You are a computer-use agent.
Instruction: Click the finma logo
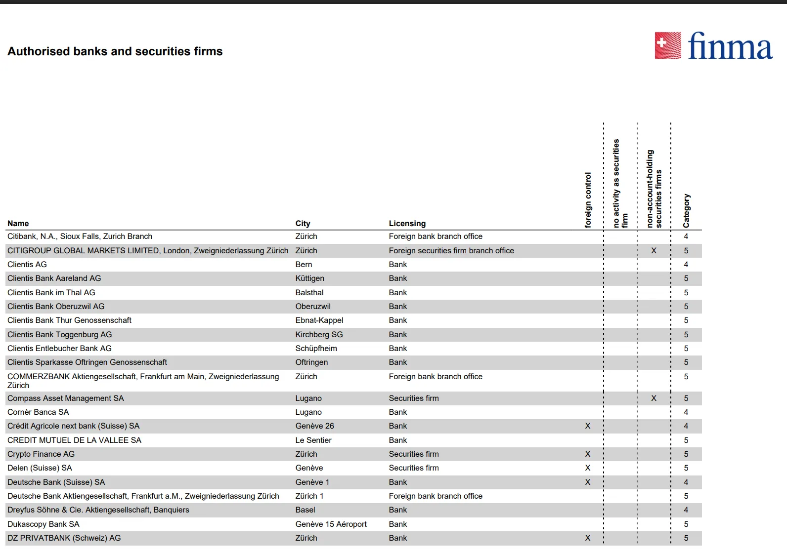point(713,46)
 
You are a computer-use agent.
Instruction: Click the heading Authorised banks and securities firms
point(115,51)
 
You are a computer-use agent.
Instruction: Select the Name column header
point(18,224)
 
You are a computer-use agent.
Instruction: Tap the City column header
point(303,224)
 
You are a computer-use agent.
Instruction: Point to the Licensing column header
point(407,224)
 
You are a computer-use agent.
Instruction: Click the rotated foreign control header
point(588,200)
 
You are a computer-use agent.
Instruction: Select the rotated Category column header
point(686,211)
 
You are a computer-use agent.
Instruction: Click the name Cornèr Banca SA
point(38,412)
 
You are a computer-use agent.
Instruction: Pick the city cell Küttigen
point(309,278)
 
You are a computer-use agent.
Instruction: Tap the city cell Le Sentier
point(313,440)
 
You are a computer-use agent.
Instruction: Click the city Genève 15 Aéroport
point(331,524)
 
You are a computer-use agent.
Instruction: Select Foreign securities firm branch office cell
point(451,251)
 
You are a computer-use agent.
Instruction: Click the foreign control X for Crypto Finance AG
point(588,454)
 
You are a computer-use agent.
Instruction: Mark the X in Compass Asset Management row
point(654,398)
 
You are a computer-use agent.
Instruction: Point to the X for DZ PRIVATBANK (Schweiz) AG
point(588,538)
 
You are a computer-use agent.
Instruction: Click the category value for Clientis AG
point(686,265)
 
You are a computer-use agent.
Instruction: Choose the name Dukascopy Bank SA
point(44,524)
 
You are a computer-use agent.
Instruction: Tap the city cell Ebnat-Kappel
point(319,320)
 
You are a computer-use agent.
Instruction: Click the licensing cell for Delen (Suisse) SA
point(414,468)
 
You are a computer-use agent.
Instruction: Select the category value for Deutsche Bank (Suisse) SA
point(686,482)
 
